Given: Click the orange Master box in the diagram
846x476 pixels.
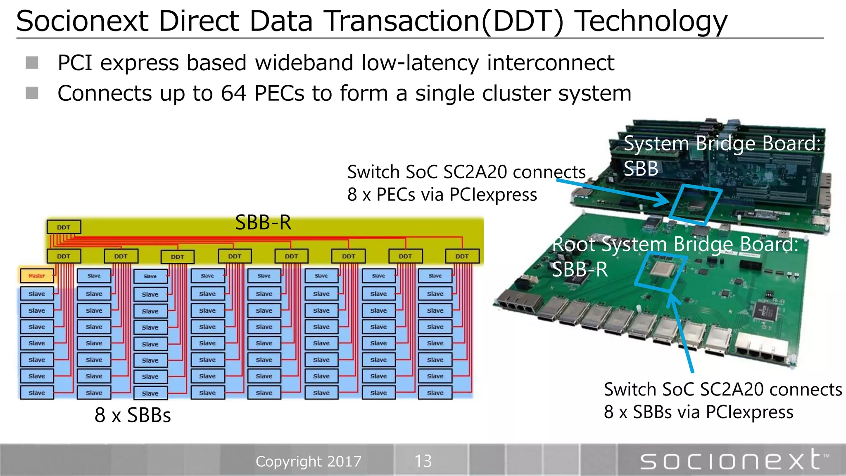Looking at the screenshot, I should click(x=37, y=276).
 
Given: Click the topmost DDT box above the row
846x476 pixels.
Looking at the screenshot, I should click(x=64, y=227).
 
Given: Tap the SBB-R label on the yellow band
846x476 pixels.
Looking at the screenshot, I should click(x=263, y=223).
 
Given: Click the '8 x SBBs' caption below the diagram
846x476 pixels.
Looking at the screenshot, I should click(x=133, y=415).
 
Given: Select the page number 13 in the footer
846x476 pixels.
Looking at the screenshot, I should click(x=423, y=461).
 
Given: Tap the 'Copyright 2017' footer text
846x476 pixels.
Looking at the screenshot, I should click(x=309, y=461).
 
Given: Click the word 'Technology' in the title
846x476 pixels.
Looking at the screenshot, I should click(x=651, y=21).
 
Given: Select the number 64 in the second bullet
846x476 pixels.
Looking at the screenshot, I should click(x=233, y=93).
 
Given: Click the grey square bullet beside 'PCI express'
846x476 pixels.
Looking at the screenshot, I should click(x=32, y=63).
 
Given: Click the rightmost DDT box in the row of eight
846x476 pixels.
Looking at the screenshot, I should click(x=462, y=256).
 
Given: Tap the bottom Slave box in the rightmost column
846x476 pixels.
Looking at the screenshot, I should click(x=435, y=393).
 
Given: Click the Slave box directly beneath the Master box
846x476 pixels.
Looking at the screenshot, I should click(x=37, y=294).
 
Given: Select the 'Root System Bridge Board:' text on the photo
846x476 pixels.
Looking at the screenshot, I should click(x=675, y=244).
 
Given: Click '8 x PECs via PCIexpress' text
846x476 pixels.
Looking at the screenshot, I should click(x=442, y=195).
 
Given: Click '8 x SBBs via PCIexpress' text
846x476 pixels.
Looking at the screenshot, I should click(x=698, y=412).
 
